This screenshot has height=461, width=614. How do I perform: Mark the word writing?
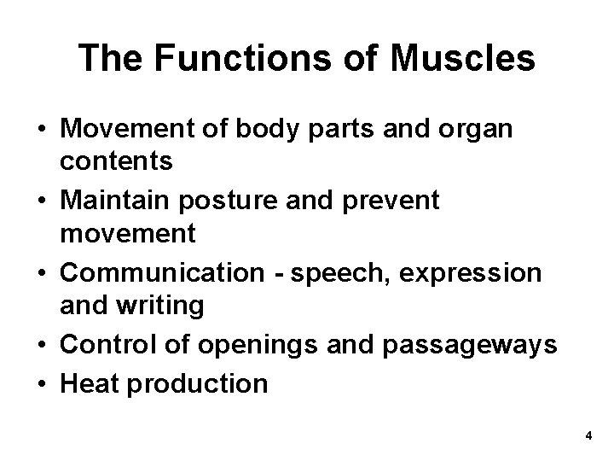coord(169,306)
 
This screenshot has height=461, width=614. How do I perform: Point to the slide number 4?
coord(588,436)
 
